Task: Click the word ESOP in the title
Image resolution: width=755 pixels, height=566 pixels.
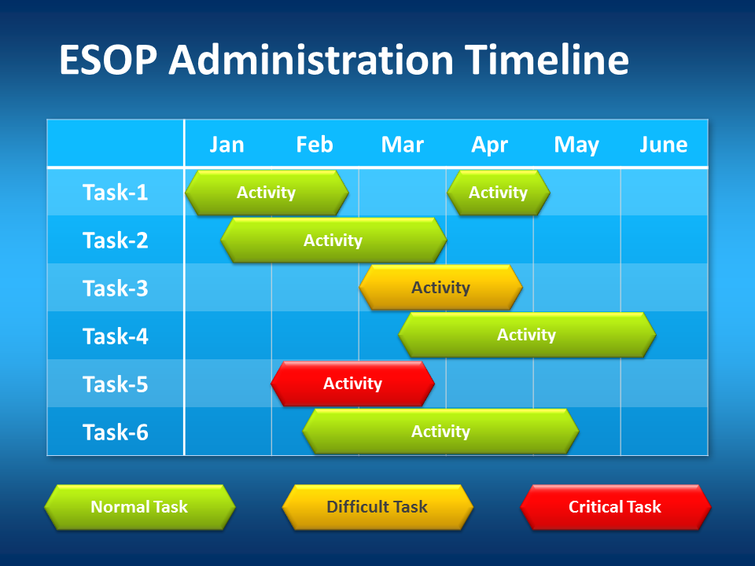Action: coord(109,60)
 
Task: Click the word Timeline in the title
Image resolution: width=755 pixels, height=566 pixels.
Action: coord(547,60)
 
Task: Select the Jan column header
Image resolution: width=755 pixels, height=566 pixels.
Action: coord(226,145)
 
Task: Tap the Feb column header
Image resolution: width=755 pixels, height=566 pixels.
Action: coord(315,145)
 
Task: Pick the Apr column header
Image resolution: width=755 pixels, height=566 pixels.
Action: coord(489,145)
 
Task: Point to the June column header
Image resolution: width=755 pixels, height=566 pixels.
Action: coord(664,145)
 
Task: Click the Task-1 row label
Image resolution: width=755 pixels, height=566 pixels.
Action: coord(115,192)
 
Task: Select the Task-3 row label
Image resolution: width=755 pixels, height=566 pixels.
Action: coord(115,289)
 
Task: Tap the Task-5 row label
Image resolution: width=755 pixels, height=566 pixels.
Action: coord(115,384)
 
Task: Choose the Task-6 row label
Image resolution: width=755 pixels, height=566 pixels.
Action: coord(115,432)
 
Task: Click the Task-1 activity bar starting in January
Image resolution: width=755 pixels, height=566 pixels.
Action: coord(267,193)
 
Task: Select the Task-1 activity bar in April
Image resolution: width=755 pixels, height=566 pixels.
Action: coord(499,193)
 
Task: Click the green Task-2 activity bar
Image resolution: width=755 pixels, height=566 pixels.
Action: coord(333,240)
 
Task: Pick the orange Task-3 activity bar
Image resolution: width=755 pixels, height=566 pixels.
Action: coord(440,288)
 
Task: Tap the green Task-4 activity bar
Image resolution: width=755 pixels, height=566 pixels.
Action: coord(527,335)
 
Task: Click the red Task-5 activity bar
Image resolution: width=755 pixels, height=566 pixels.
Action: coord(352,384)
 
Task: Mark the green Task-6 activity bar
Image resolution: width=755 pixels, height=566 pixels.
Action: coord(440,432)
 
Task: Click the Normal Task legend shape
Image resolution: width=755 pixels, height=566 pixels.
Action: coord(140,507)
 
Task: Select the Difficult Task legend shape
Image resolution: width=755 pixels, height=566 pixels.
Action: coord(377,507)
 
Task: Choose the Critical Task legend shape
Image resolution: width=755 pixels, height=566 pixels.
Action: coord(615,507)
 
